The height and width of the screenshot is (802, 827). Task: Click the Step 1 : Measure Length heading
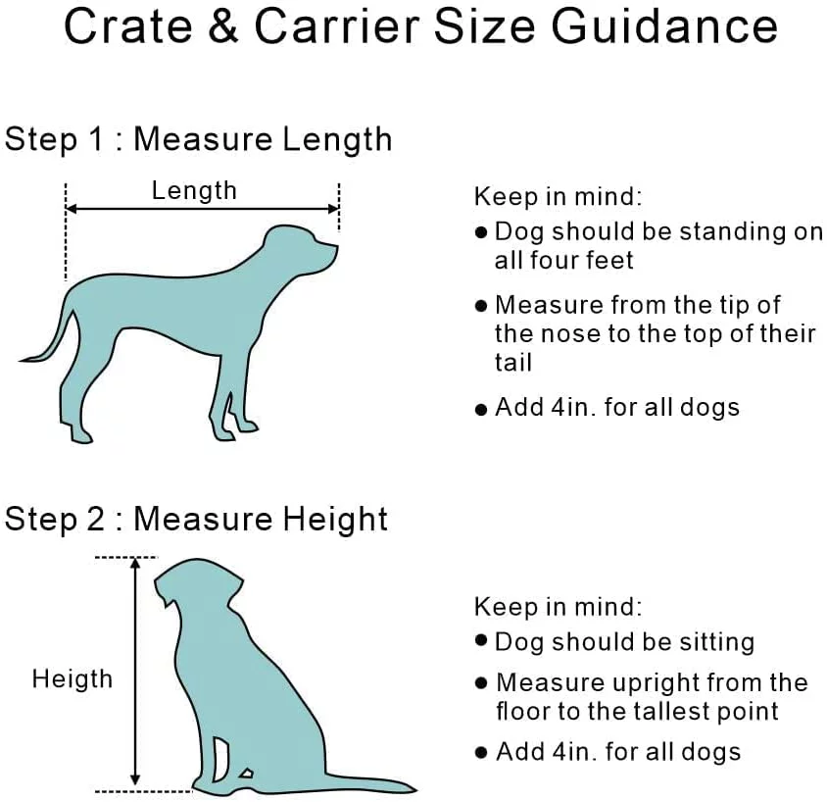(x=198, y=139)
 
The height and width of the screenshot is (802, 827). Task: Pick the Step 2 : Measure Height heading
(x=196, y=519)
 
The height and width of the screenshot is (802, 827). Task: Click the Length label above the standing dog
(x=194, y=190)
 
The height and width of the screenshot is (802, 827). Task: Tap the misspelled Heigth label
(x=72, y=678)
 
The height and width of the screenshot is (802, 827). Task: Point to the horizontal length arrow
(x=202, y=208)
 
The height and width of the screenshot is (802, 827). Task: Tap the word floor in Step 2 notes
(x=524, y=711)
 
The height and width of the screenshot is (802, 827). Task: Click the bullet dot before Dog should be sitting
(x=480, y=641)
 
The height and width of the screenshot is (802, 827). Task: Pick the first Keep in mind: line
(x=558, y=196)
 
